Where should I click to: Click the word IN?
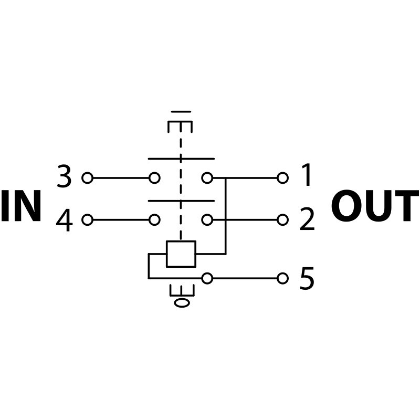coord(21,207)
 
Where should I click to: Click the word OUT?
coord(374,207)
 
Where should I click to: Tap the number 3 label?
coord(64,177)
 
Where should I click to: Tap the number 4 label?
coord(64,220)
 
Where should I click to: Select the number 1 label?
coord(307,176)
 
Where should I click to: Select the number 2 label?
coord(307,220)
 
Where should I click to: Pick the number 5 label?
coord(307,279)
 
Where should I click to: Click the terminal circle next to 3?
coord(87,178)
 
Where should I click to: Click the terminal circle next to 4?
coord(87,220)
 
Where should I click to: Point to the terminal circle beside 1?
coord(282,178)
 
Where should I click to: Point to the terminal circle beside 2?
coord(282,220)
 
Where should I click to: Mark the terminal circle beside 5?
coord(282,278)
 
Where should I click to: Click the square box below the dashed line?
coord(181,254)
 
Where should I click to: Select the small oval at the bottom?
coord(182,302)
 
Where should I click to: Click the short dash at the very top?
coord(181,111)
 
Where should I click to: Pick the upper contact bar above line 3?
coord(181,159)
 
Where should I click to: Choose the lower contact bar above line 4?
coord(181,201)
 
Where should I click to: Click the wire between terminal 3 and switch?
coord(121,178)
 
